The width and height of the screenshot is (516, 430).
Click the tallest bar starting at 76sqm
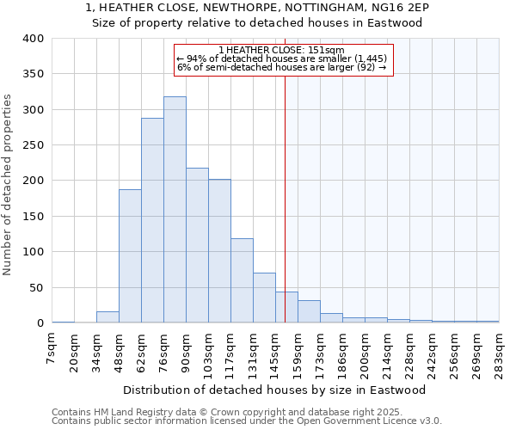pos(175,210)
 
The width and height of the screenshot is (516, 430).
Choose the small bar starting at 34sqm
pos(107,317)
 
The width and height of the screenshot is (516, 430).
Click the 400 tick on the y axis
pos(34,39)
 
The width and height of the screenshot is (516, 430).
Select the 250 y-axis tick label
pos(34,145)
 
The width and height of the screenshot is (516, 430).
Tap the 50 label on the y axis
pos(36,287)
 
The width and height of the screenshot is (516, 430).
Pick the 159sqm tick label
pos(298,350)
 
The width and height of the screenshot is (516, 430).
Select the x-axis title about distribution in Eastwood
pos(275,390)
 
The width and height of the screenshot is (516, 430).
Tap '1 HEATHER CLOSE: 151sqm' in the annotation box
pos(281,50)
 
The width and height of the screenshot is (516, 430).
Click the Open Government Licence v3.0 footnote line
pos(247,421)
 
